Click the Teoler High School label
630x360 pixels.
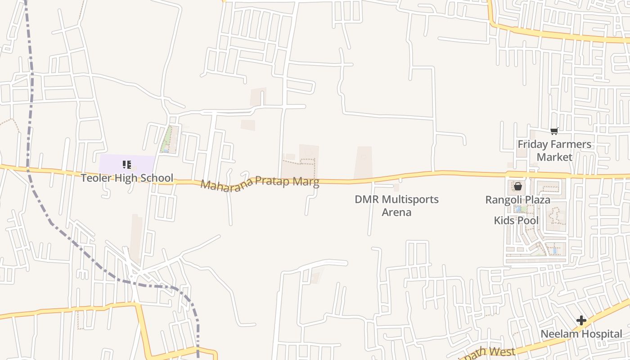tap(127, 178)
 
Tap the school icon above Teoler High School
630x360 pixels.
tap(127, 165)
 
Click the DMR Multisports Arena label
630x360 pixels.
tap(396, 206)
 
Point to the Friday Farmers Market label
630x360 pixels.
tap(554, 151)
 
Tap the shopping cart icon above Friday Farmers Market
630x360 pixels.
tap(554, 131)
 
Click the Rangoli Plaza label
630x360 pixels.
tap(517, 200)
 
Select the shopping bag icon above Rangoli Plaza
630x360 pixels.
tap(518, 186)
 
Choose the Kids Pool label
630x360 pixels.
tap(516, 220)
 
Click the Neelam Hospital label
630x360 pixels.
tap(581, 334)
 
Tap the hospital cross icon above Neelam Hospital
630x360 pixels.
tap(581, 320)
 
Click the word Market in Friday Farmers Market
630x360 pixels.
tap(554, 157)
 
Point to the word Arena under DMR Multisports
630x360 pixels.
tap(396, 212)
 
